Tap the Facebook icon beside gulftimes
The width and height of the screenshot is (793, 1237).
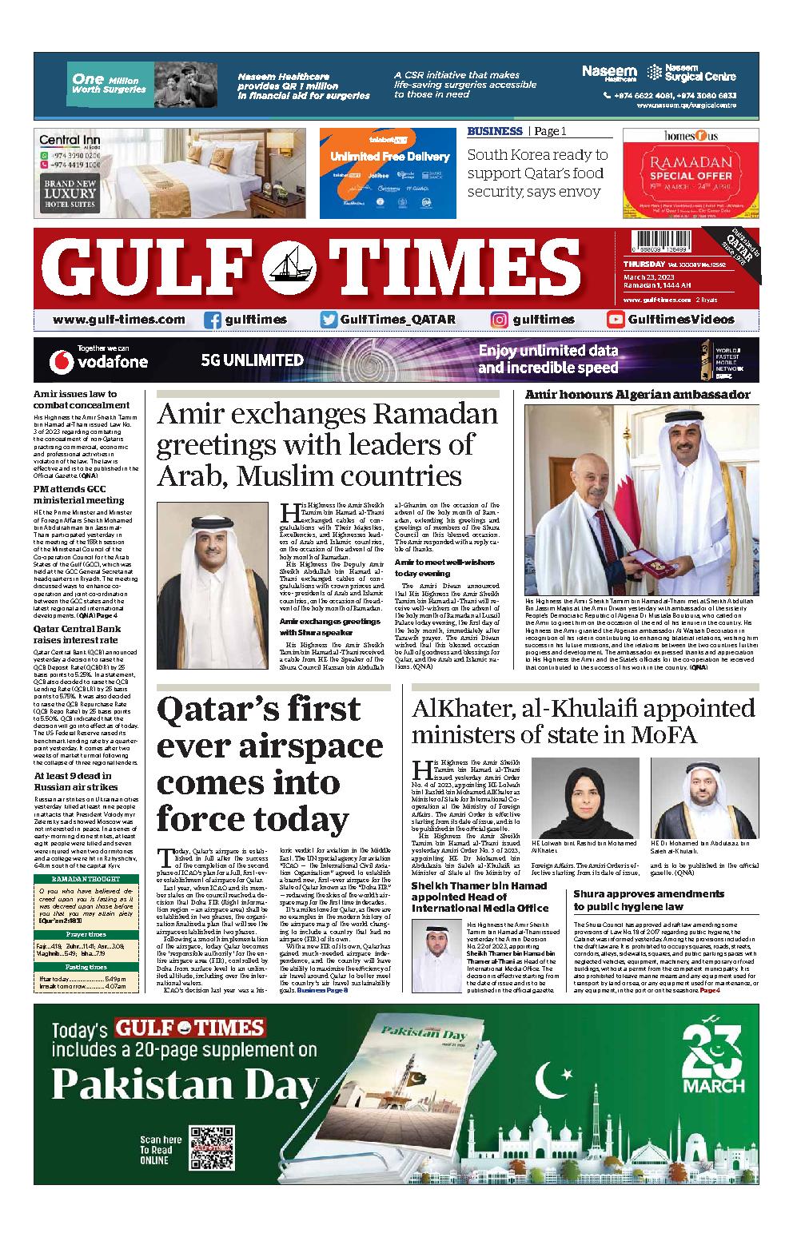coord(213,320)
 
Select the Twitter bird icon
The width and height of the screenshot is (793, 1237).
coord(329,320)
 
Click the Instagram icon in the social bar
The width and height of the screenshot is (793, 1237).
coord(500,320)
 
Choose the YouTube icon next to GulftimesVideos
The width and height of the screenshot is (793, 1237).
coord(616,320)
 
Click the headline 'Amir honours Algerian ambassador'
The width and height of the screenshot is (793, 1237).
coord(637,395)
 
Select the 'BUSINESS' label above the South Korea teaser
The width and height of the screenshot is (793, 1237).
coord(495,131)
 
